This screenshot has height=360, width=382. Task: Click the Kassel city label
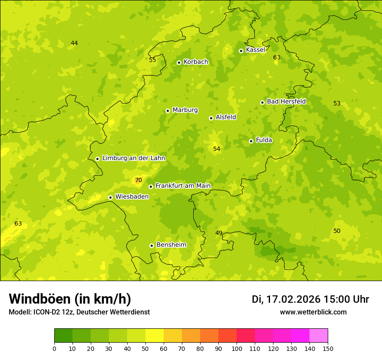[x=255, y=50]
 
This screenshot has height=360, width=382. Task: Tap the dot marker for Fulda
[x=251, y=141]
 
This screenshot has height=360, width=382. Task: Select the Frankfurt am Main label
[x=183, y=186]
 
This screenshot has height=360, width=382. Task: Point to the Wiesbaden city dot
[x=110, y=197]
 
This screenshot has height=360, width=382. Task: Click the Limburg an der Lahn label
[x=134, y=158]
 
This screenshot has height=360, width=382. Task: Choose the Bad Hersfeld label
[x=286, y=101]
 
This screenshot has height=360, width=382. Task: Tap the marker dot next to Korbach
[x=179, y=62]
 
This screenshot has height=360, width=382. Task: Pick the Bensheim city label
[x=171, y=245]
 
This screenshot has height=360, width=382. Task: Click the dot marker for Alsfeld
[x=211, y=118]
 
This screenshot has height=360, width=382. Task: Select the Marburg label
[x=185, y=110]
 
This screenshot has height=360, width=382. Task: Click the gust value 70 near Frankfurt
[x=138, y=180]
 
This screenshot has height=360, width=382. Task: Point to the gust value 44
[x=74, y=43]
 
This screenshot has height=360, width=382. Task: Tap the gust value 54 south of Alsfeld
[x=217, y=149]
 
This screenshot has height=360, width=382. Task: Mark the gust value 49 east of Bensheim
[x=219, y=233]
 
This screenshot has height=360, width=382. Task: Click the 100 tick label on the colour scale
[x=237, y=348]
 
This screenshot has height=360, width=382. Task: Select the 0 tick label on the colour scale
[x=54, y=348]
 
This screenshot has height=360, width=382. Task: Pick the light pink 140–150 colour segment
[x=319, y=336]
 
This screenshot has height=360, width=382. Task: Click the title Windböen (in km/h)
[x=70, y=299]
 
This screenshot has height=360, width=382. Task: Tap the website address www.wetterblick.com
[x=313, y=312]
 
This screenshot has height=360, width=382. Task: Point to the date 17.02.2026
[x=293, y=299]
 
